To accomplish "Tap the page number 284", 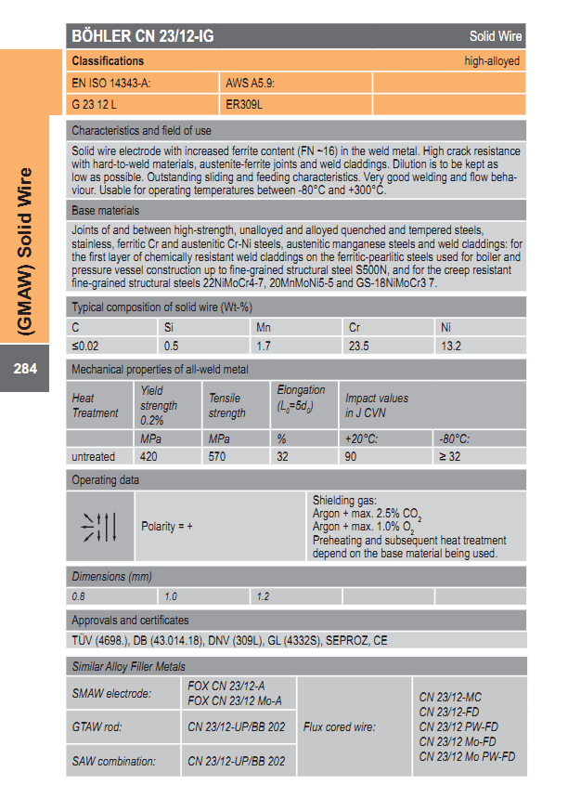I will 25,369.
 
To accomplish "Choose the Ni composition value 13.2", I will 450,346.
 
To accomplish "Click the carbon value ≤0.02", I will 86,346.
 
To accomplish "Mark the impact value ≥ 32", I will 449,456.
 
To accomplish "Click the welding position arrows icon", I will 100,527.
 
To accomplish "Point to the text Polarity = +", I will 167,527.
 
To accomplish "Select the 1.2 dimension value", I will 263,596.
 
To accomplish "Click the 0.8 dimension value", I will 78,596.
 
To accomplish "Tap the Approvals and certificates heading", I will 130,620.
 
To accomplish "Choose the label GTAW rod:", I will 97,726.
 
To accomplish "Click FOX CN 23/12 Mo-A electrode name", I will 235,701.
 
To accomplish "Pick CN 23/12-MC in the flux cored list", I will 451,696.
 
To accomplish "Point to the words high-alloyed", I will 492,61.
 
